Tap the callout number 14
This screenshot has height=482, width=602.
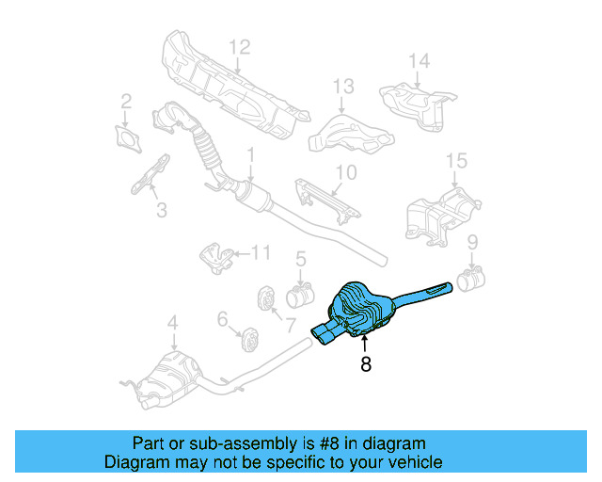tap(418, 61)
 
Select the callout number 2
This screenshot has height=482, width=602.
tap(126, 101)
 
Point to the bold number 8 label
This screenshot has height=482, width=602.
tap(365, 363)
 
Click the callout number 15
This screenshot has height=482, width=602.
tap(456, 160)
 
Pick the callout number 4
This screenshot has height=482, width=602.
tap(172, 326)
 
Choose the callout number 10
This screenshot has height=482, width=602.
tap(346, 172)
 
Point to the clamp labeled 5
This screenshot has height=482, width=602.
tap(299, 297)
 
